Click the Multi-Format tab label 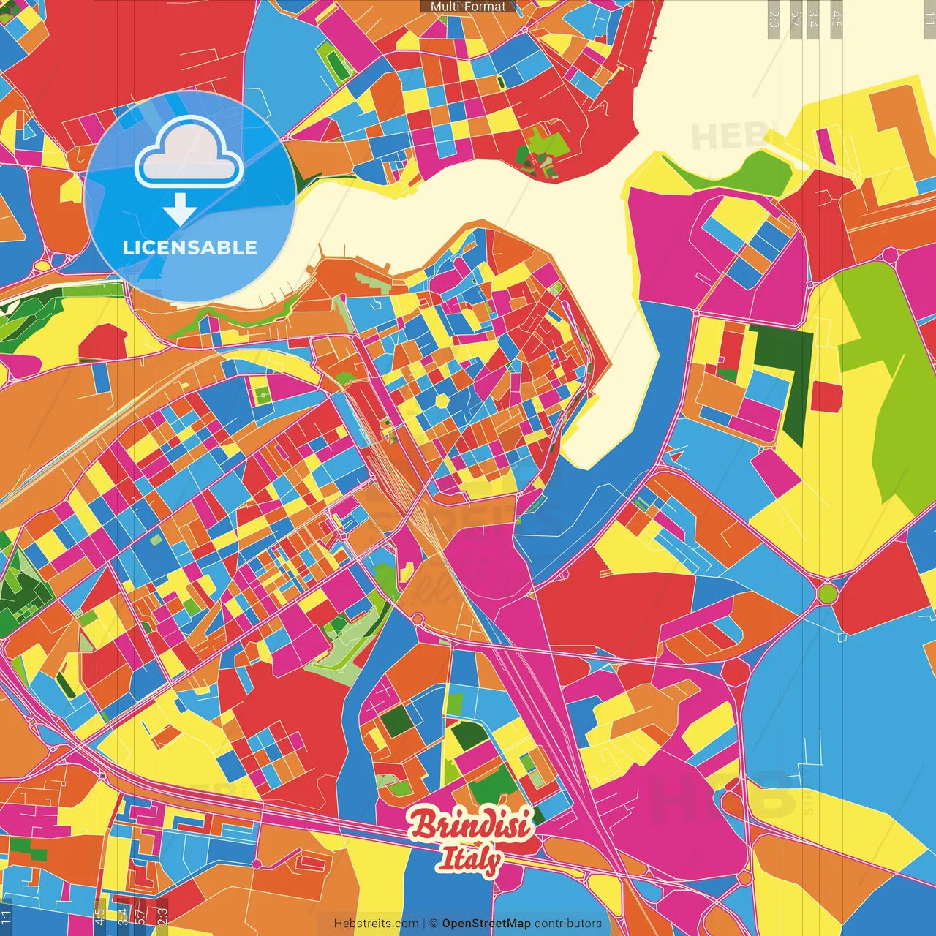click(x=468, y=7)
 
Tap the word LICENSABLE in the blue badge click(x=190, y=247)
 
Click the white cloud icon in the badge click(x=189, y=154)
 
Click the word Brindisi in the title click(x=469, y=825)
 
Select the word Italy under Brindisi click(x=469, y=860)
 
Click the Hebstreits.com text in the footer click(x=376, y=924)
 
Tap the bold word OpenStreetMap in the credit click(x=486, y=924)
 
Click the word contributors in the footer click(x=568, y=924)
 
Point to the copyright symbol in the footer click(x=434, y=924)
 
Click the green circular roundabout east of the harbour click(x=827, y=592)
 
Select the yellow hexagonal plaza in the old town click(x=442, y=401)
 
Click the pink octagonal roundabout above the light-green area click(x=890, y=255)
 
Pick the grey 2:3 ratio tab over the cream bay click(x=774, y=19)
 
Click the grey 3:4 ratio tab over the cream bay click(x=813, y=19)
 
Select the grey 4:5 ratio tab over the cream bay click(x=837, y=19)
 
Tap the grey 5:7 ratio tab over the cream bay click(x=796, y=19)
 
